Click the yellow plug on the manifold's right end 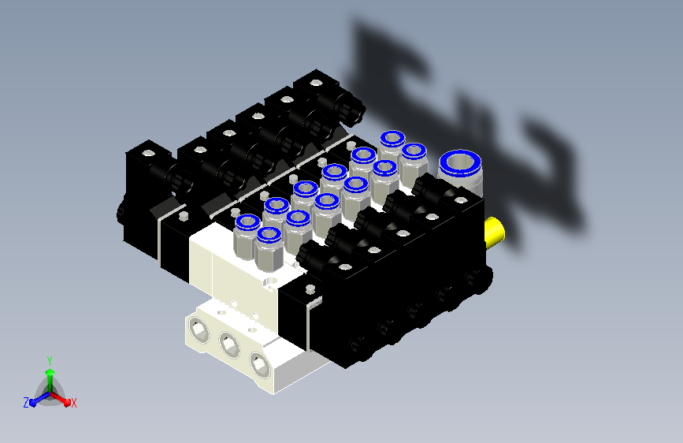click(x=495, y=232)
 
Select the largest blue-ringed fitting click(x=460, y=172)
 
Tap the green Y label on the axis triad click(x=50, y=361)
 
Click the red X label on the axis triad click(x=73, y=404)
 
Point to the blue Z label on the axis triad click(x=26, y=403)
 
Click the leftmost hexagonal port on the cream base click(x=199, y=330)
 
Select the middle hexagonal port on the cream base click(x=228, y=344)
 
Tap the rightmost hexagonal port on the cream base click(x=260, y=363)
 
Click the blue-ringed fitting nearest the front click(x=269, y=248)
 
